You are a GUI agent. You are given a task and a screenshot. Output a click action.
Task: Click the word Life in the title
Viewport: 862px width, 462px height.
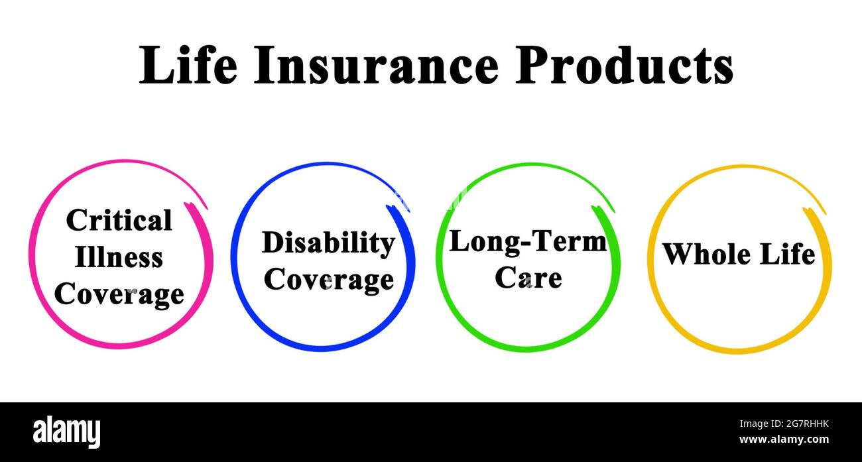pyautogui.click(x=188, y=66)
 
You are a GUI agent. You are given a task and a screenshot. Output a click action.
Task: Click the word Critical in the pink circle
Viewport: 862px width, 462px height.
pyautogui.click(x=119, y=221)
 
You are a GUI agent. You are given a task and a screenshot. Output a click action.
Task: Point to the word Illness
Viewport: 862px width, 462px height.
pyautogui.click(x=119, y=257)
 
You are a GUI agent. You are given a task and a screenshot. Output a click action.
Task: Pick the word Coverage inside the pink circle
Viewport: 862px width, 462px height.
pyautogui.click(x=119, y=294)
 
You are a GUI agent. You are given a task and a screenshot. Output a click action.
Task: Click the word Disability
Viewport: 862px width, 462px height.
pyautogui.click(x=328, y=243)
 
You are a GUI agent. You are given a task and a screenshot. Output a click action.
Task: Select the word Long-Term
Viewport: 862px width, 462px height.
pyautogui.click(x=528, y=241)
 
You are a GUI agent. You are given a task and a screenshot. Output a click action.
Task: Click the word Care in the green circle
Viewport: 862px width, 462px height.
pyautogui.click(x=528, y=277)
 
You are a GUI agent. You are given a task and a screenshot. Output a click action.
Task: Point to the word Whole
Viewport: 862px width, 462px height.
pyautogui.click(x=706, y=255)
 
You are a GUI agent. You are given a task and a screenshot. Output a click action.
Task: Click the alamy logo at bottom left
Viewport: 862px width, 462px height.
pyautogui.click(x=67, y=432)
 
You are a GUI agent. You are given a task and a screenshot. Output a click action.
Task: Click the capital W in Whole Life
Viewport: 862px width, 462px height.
pyautogui.click(x=678, y=255)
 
